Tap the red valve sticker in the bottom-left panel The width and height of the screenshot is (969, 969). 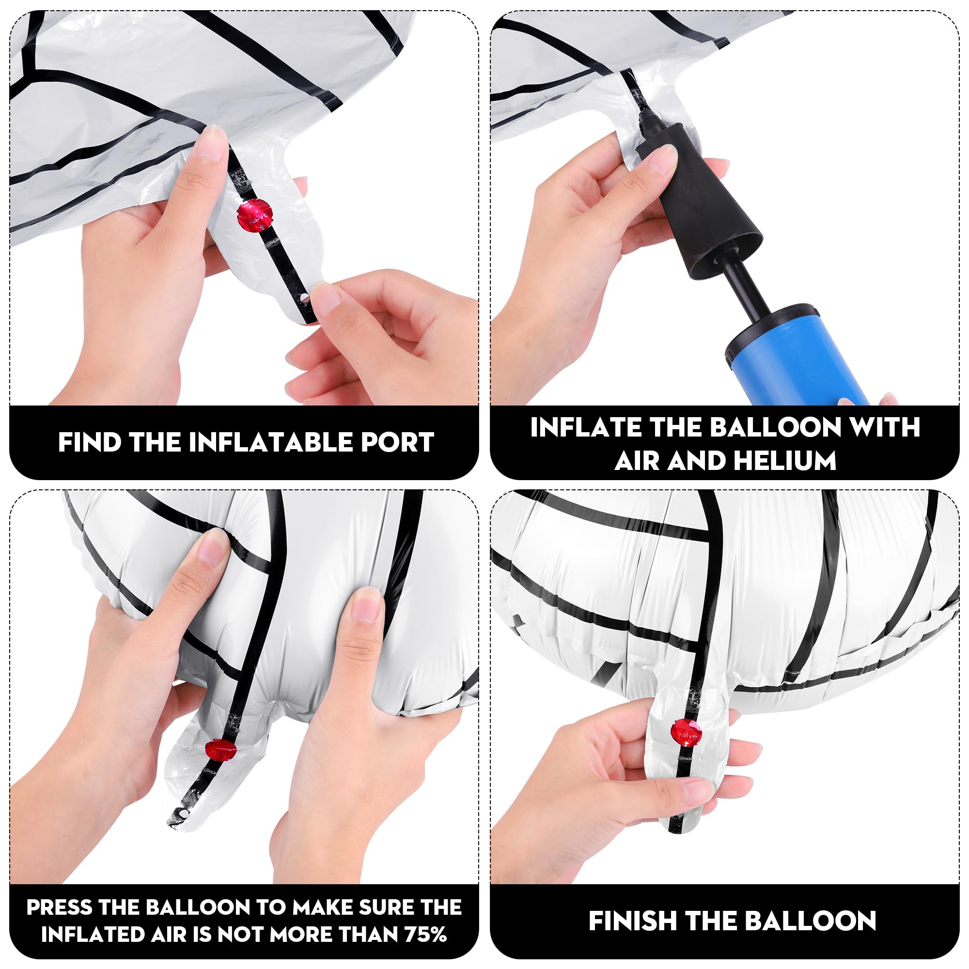[220, 750]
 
